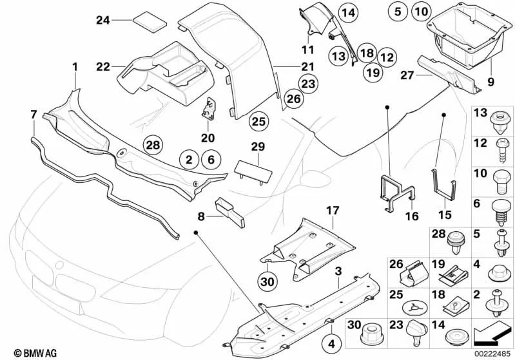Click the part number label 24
[103, 21]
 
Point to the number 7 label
[34, 115]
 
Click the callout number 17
[332, 211]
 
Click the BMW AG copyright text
[24, 352]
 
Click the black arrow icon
[492, 335]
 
